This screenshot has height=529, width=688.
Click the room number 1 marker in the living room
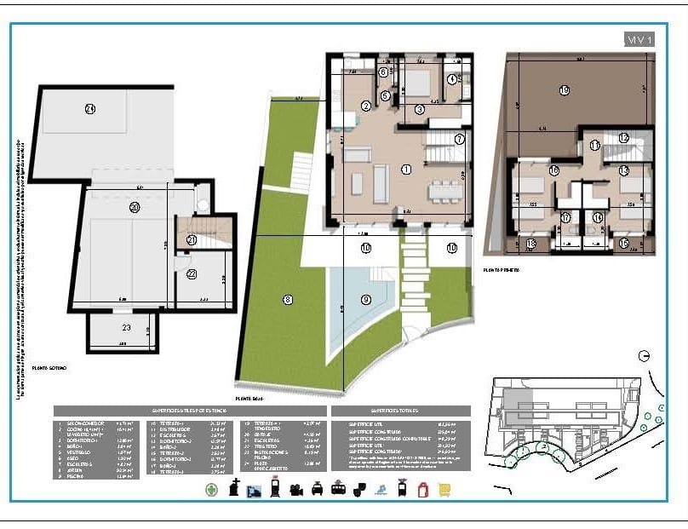tap(405, 170)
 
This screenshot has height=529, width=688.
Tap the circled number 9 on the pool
tap(366, 299)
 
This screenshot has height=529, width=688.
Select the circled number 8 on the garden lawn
tap(288, 299)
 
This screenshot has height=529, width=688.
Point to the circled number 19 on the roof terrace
tap(564, 90)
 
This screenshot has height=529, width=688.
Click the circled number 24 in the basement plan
tap(89, 108)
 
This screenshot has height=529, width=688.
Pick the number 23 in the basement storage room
tap(125, 326)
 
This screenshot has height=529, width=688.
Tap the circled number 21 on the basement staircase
tap(192, 240)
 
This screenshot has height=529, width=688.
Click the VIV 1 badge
tap(639, 39)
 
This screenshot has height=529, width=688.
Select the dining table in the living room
tap(443, 188)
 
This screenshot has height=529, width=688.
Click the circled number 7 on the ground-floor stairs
tap(459, 139)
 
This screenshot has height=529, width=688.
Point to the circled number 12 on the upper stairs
tap(623, 138)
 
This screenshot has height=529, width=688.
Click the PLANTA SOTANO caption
tap(53, 367)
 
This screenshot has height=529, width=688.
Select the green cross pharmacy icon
tap(212, 489)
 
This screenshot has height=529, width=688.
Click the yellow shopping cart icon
tap(444, 489)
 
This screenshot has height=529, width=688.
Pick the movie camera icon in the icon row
tap(295, 489)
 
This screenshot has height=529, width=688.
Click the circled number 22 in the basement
tap(192, 273)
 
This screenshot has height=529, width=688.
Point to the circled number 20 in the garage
tap(134, 207)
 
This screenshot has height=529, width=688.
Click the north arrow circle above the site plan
tap(645, 355)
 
